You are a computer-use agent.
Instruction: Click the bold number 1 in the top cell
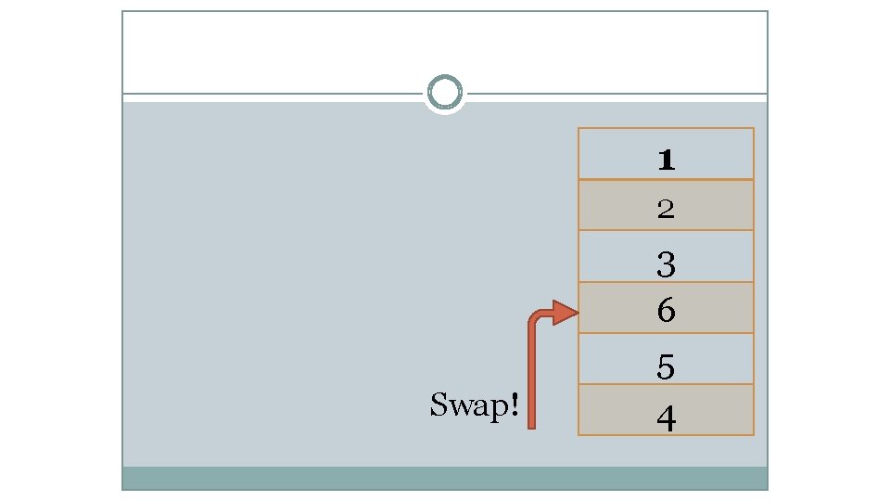point(666,161)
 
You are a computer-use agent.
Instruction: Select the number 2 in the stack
point(666,210)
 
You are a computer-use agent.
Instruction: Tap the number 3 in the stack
point(666,265)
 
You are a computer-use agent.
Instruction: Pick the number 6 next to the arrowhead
point(666,311)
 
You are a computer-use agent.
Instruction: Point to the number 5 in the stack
point(666,368)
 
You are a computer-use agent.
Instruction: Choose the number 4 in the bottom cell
point(666,419)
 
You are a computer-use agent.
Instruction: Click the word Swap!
point(473,405)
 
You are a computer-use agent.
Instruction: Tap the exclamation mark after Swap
point(513,405)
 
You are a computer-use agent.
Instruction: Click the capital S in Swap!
point(439,405)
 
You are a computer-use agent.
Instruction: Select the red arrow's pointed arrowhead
point(566,314)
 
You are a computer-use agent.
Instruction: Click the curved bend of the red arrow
point(535,320)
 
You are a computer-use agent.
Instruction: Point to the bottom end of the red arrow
point(532,425)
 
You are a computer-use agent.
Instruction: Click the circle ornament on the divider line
point(445,94)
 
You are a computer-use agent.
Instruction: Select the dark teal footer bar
point(445,478)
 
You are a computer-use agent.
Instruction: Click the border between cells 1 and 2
point(666,179)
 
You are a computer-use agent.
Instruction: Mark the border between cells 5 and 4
point(666,383)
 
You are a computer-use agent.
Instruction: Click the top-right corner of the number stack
point(754,128)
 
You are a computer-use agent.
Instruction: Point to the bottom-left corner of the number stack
point(578,434)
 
